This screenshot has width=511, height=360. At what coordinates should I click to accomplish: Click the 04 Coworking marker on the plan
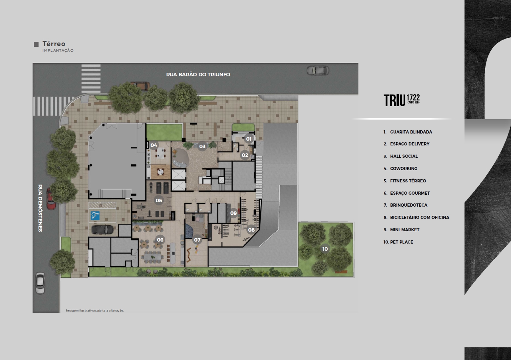154,145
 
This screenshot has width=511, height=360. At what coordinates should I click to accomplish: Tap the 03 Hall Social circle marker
202,146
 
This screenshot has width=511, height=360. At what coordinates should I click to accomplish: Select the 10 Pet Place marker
325,249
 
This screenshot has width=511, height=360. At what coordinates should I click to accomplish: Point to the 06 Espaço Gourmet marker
160,240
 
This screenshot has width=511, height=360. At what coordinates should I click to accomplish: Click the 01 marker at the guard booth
249,139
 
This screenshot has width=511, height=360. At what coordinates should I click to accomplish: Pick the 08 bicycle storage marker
251,230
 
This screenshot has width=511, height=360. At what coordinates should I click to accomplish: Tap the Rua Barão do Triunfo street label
198,75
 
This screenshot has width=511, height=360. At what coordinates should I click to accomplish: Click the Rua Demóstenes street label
40,208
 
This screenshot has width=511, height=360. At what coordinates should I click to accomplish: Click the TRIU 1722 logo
402,100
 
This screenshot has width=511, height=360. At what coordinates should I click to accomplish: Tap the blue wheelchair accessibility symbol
95,216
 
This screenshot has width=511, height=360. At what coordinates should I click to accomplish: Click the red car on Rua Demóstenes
50,199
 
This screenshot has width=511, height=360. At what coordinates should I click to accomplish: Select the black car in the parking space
103,230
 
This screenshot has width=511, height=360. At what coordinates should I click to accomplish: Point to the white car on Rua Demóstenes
40,283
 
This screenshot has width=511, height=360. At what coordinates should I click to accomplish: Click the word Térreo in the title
54,44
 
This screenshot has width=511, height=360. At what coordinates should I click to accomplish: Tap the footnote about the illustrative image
95,310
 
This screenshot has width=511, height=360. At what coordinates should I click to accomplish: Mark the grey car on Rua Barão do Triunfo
318,70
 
